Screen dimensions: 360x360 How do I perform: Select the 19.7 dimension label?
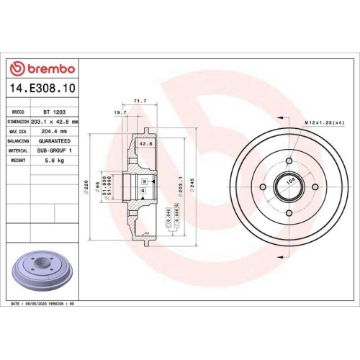pyautogui.click(x=120, y=113)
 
